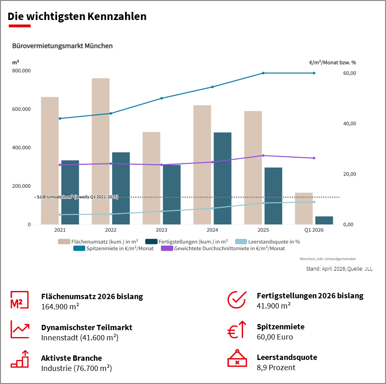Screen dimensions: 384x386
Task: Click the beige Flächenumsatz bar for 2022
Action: (x=100, y=151)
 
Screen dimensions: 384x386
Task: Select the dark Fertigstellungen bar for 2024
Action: (x=223, y=178)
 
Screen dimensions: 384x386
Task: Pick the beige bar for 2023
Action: (x=151, y=178)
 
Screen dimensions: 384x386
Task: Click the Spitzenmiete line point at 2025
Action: (x=263, y=73)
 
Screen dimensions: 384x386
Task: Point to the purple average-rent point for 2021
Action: (x=60, y=165)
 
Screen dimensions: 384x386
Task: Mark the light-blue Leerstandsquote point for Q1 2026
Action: (x=314, y=202)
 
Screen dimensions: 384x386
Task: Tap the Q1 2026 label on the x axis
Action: (x=314, y=230)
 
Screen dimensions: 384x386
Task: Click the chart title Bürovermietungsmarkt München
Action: (x=62, y=46)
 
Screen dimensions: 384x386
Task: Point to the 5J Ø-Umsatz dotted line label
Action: (x=77, y=197)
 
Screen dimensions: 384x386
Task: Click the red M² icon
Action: (x=19, y=300)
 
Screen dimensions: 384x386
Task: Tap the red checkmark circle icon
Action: (x=236, y=300)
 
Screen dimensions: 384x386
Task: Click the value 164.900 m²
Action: (x=60, y=306)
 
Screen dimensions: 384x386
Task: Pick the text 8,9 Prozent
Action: (x=276, y=367)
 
